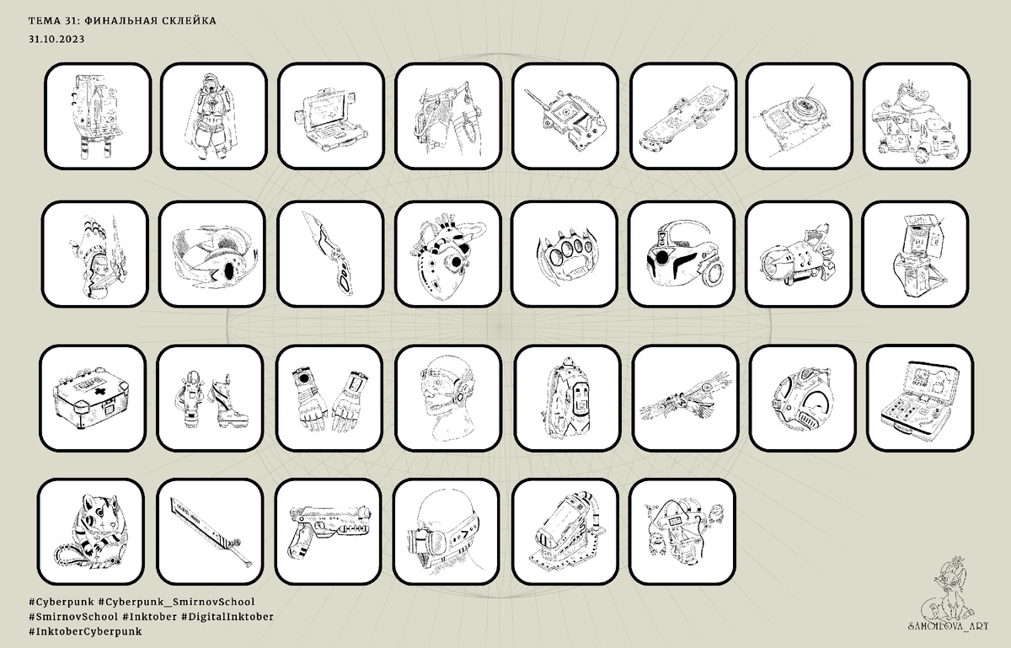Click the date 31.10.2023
[x=56, y=40]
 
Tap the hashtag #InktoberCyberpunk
[x=85, y=631]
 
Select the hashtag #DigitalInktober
[x=227, y=616]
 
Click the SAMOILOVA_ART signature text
[x=949, y=626]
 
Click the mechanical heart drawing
[x=447, y=255]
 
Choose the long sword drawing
[x=211, y=532]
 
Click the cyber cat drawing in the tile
[x=92, y=531]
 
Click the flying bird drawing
[x=685, y=398]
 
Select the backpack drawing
[x=568, y=399]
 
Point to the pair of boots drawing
[x=211, y=399]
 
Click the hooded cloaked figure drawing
[x=213, y=116]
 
